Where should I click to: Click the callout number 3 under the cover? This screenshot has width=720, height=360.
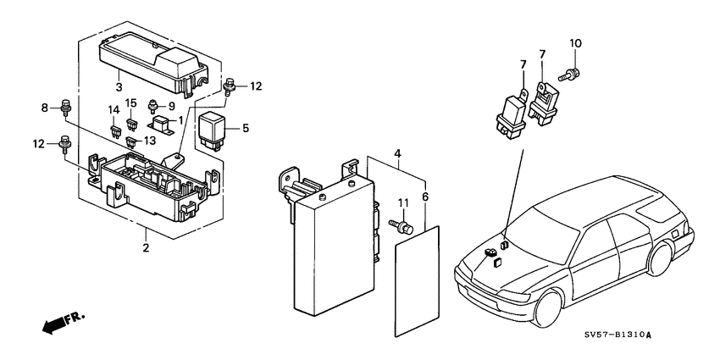119,87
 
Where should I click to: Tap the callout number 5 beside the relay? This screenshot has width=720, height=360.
246,129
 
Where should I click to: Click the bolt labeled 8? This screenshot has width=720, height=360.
65,109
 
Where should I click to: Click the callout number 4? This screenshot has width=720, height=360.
396,154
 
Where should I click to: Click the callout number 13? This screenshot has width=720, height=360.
149,141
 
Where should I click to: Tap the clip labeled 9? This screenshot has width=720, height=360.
153,107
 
